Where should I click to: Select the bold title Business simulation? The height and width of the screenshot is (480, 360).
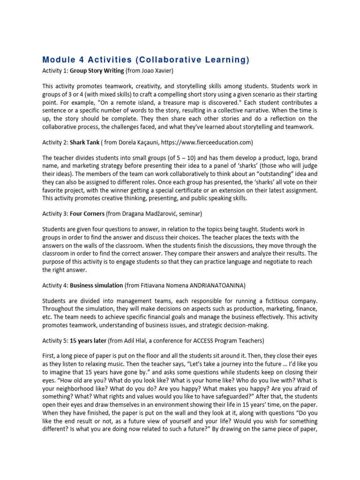click(97, 285)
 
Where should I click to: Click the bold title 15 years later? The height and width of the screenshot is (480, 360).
click(88, 341)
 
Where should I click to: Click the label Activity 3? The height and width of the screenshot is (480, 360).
click(55, 213)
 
